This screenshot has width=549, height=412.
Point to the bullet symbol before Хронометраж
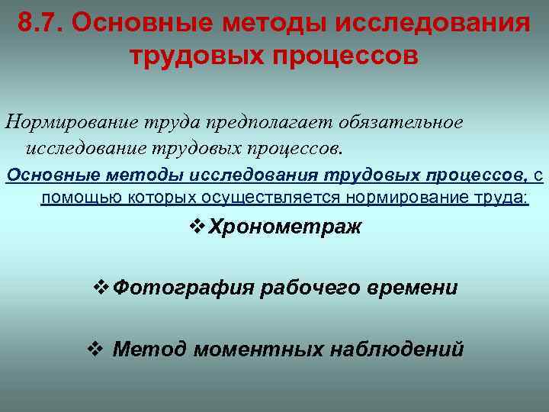coord(196,227)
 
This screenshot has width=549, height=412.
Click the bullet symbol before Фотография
coord(99,288)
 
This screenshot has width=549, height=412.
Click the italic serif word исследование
coord(89,145)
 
